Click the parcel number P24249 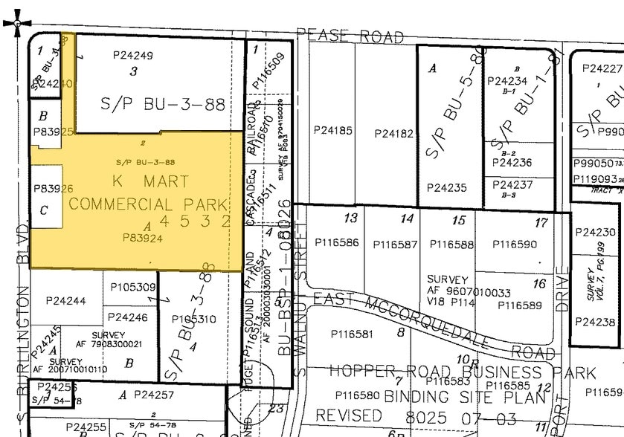(133, 55)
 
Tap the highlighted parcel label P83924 (143, 238)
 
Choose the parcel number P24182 (393, 134)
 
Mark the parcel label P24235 (447, 188)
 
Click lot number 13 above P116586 (350, 218)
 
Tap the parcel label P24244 (65, 301)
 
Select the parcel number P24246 (127, 317)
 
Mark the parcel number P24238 (596, 322)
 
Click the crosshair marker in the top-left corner (17, 23)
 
